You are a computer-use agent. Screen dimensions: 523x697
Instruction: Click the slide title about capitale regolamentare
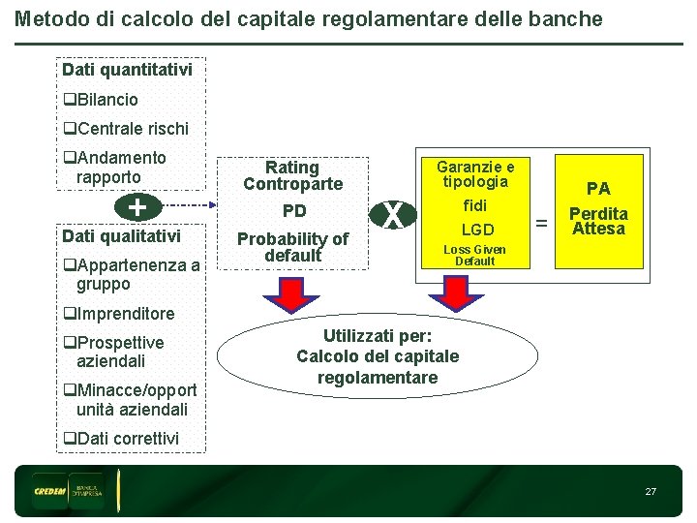tap(309, 19)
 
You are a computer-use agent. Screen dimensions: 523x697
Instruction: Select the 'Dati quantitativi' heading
tap(127, 70)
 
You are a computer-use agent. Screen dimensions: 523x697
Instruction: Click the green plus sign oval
tap(137, 206)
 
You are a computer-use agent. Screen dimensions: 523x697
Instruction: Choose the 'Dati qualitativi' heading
tap(121, 236)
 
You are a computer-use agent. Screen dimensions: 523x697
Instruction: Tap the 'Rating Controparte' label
tap(292, 175)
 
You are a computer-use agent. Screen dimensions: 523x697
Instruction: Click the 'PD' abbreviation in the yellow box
tap(293, 211)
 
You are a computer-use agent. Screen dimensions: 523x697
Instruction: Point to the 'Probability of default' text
tap(292, 247)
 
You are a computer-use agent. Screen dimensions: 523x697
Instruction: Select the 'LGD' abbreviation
tap(476, 231)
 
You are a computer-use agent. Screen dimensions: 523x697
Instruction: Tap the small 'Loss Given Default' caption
tap(474, 256)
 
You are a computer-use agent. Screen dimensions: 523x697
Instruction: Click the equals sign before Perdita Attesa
tap(542, 224)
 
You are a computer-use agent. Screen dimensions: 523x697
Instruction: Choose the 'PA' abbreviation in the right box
tap(598, 189)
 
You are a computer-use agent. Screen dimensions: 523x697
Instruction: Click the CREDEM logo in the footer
tap(48, 491)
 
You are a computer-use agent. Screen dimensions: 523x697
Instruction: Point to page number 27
tap(651, 492)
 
